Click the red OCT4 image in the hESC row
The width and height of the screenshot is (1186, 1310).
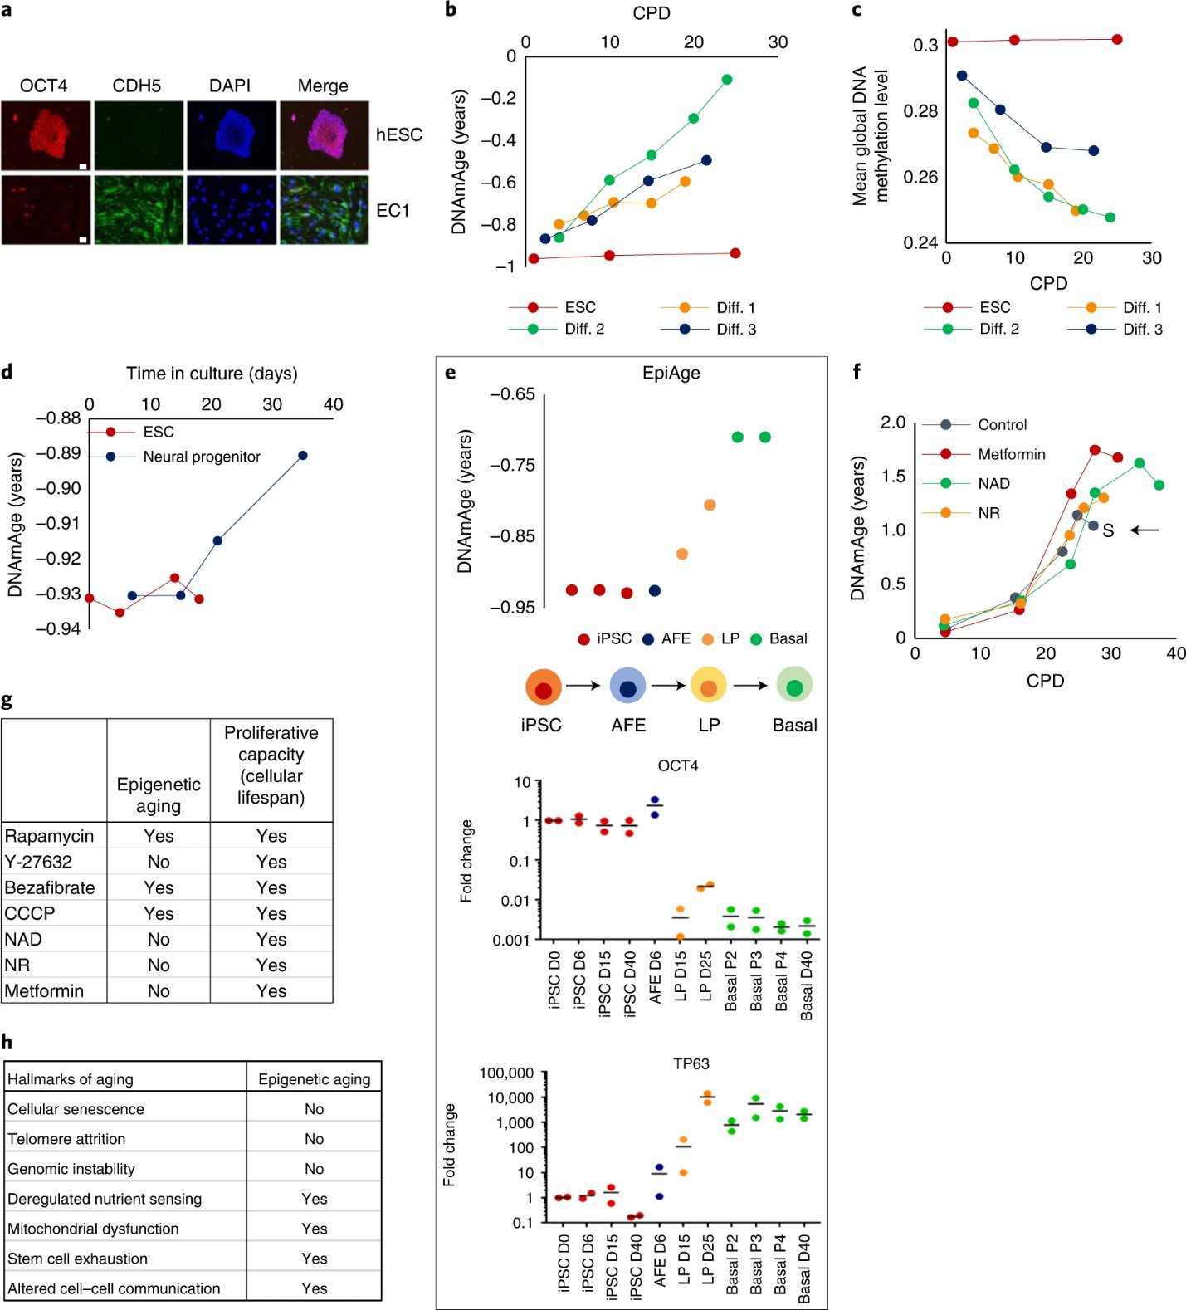point(46,135)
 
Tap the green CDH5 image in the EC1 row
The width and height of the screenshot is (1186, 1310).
point(139,209)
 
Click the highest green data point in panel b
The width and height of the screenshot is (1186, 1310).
point(727,80)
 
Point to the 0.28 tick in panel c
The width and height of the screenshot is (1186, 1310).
point(920,111)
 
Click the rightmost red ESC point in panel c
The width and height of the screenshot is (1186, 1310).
point(1117,40)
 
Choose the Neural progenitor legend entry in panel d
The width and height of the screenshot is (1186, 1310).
point(201,457)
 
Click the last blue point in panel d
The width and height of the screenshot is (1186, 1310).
point(303,456)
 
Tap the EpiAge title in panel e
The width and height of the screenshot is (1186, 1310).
point(671,373)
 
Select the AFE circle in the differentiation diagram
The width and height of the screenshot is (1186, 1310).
point(627,687)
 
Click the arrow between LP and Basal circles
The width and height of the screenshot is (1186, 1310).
point(750,686)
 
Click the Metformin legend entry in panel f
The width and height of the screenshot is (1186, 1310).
point(1010,454)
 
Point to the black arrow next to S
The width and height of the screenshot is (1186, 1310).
point(1145,530)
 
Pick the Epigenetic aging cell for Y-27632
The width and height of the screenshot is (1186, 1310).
point(159,862)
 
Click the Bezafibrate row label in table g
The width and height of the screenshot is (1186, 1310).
point(50,887)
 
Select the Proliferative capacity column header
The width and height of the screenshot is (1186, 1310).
point(271,765)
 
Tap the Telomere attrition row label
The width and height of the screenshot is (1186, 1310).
point(66,1139)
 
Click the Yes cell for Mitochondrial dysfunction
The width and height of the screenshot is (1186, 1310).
point(315,1229)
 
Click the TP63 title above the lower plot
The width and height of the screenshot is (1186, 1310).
point(691,1063)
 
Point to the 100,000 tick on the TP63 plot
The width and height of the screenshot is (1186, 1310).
point(506,1073)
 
